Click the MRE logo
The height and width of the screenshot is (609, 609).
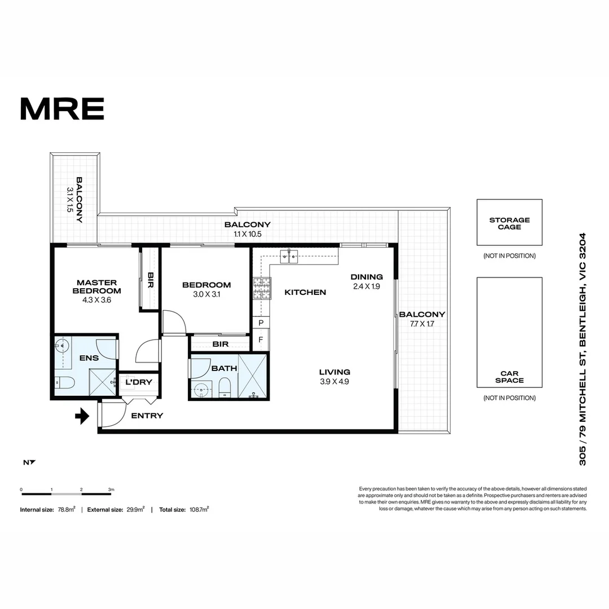[x=62, y=109]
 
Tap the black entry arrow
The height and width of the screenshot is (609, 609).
[x=82, y=417]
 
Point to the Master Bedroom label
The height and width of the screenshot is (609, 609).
[x=96, y=286]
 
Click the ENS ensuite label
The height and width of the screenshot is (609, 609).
[x=89, y=358]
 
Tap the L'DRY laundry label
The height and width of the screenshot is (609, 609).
[x=139, y=382]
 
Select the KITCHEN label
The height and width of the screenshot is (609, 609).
[x=305, y=292]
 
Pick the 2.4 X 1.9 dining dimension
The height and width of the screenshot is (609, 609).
[x=367, y=286]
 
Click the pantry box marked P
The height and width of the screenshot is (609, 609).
[x=261, y=323]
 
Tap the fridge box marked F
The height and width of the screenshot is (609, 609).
[x=261, y=339]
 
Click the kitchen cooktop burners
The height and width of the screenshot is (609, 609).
[x=261, y=289]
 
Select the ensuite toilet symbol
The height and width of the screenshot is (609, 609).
[x=65, y=383]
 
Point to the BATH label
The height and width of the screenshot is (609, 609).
[x=224, y=368]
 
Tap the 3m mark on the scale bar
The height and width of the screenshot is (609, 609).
[x=111, y=489]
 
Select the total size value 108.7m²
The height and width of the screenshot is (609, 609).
[x=198, y=510]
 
